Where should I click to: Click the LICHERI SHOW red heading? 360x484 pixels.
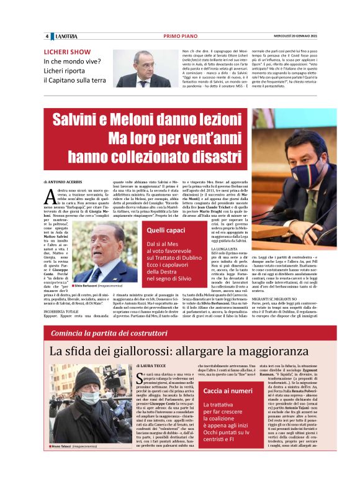click(67, 52)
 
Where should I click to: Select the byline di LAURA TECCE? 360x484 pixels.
click(152, 367)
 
